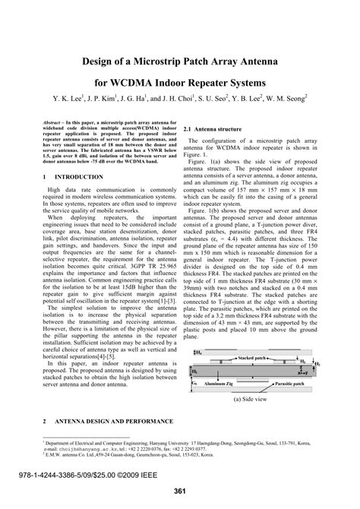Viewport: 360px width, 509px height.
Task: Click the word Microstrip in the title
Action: click(163, 58)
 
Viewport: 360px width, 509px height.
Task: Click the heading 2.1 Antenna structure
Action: click(217, 130)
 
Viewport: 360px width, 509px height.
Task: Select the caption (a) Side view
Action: click(250, 398)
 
